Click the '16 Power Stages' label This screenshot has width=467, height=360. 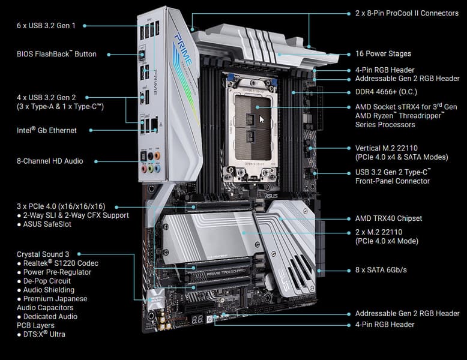383,54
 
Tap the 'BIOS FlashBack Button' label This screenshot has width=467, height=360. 56,54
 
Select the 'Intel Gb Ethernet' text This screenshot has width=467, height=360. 47,130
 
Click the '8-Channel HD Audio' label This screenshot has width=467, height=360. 50,161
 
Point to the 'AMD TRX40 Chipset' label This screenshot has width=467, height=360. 389,218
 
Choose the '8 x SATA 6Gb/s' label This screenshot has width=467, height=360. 381,270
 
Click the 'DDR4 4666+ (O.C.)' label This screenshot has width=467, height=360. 386,92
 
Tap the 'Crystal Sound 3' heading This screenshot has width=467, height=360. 43,254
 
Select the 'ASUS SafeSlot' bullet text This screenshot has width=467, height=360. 47,224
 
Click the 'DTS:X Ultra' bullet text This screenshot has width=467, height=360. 44,334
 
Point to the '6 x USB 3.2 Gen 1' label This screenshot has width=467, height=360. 46,26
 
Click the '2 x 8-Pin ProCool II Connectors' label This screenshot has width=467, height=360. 407,13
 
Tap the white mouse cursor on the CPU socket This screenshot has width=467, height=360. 262,120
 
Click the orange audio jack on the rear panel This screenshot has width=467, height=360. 157,156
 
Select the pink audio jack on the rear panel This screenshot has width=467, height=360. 144,169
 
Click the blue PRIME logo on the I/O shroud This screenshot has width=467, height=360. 184,49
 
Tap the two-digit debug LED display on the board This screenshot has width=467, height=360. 197,320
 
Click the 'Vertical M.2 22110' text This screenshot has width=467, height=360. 387,148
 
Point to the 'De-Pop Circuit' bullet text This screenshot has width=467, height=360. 47,281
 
